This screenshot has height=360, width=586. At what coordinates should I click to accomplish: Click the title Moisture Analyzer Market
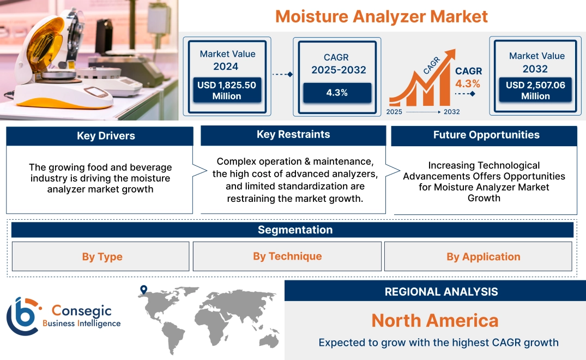coord(381,16)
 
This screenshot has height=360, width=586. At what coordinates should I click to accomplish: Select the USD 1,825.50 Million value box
coord(226,90)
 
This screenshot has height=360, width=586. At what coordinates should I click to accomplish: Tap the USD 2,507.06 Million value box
coord(535,90)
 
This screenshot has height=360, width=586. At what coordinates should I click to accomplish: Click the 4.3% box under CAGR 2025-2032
coord(337,93)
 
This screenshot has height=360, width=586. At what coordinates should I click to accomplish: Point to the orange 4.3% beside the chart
coord(468,83)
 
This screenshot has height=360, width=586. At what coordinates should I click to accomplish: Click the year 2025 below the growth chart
coord(395,112)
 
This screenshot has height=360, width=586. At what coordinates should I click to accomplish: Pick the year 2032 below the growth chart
coord(451,112)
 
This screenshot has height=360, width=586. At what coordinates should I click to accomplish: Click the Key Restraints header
coord(293,135)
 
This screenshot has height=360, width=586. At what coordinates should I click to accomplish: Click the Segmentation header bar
coord(295,230)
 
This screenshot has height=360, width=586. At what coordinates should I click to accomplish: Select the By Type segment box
coord(102,256)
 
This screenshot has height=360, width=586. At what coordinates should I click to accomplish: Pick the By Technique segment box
coord(287,256)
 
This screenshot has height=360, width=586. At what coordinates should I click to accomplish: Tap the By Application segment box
coord(483,256)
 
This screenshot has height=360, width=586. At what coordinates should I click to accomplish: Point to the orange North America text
coord(435,320)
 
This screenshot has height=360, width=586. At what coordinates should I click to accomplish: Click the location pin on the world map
coord(143,290)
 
